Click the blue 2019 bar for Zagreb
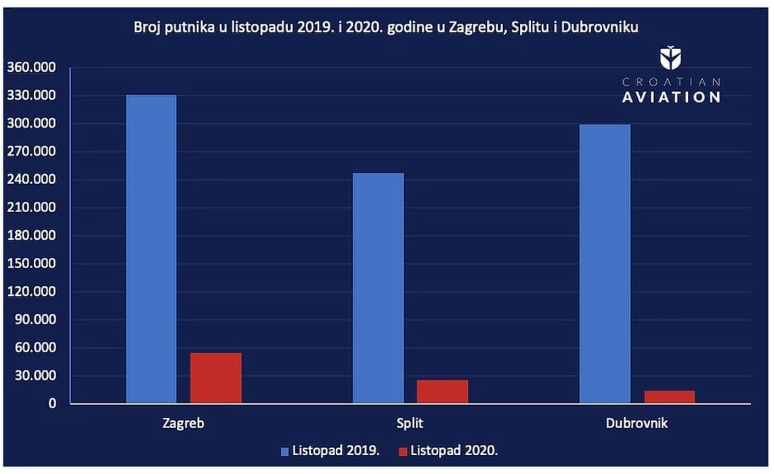point(151,249)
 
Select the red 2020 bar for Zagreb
point(215,378)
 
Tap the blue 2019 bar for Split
point(378,288)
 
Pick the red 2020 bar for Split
point(442,391)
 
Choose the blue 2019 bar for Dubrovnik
point(605,263)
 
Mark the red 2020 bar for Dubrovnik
point(669,397)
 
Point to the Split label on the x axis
point(410,423)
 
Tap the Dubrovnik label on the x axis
point(637,423)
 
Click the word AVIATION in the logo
point(671,97)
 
